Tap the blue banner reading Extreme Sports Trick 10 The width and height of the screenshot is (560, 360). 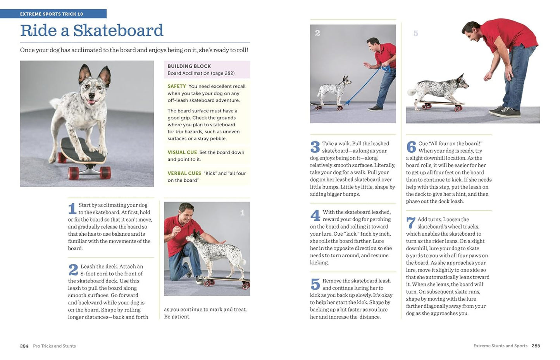[52, 14]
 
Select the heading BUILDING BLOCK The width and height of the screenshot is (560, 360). [189, 66]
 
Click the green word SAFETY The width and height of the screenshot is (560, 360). [177, 86]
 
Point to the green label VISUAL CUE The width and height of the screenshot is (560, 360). [182, 152]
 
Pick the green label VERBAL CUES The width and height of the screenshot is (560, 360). [184, 173]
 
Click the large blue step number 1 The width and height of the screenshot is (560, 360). [72, 208]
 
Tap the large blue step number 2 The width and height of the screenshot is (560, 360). [73, 270]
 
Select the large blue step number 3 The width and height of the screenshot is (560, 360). [315, 147]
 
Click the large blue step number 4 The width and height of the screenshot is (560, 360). [315, 215]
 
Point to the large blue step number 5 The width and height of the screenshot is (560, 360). [315, 284]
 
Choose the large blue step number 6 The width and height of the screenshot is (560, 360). [411, 147]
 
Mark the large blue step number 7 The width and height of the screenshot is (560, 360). [410, 223]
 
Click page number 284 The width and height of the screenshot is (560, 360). [24, 346]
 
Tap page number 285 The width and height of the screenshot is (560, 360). [536, 346]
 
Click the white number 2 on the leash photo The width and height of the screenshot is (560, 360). [318, 33]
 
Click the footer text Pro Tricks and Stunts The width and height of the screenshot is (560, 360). [54, 346]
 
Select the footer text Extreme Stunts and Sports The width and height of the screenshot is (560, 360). [500, 346]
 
